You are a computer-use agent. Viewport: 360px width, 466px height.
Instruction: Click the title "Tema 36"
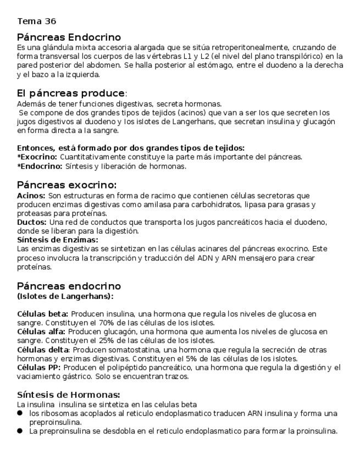point(36,21)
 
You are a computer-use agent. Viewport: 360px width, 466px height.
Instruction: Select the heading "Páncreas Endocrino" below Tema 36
point(69,37)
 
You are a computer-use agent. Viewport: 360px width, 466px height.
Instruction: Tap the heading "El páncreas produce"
point(71,93)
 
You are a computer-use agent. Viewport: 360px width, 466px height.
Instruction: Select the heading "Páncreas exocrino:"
point(67,185)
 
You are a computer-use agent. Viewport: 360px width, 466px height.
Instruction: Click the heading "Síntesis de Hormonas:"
point(69,395)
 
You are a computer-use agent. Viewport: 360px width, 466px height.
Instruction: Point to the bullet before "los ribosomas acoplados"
point(20,413)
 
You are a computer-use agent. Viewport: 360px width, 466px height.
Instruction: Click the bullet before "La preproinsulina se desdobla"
point(20,431)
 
